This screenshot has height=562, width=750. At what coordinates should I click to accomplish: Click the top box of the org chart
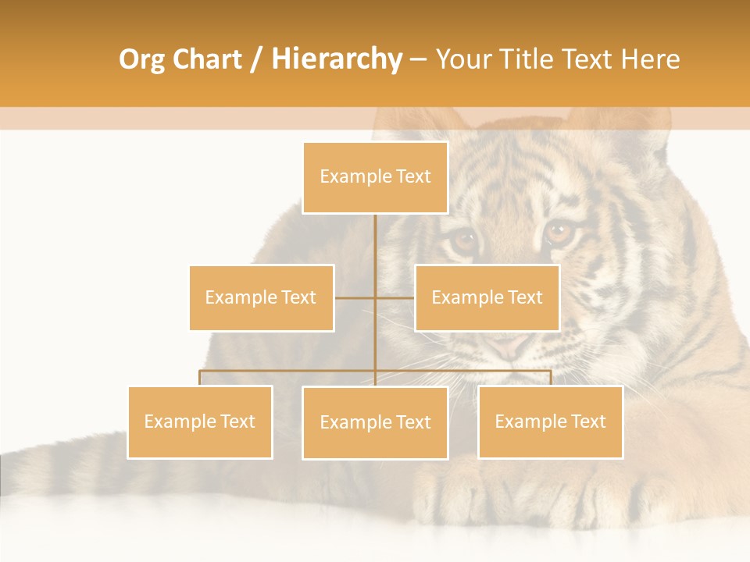pos(375,177)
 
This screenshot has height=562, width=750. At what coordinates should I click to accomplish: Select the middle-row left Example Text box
pos(261,297)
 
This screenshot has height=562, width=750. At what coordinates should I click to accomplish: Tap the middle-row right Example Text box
pos(487,297)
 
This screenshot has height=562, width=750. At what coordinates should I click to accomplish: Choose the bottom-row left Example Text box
pos(200,421)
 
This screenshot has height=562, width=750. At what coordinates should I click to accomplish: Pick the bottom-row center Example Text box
pos(375,422)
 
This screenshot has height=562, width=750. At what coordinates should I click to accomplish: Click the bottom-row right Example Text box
pos(550,421)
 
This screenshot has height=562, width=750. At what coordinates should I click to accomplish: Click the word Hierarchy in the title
pos(336,59)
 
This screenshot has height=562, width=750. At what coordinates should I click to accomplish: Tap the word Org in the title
pos(142,59)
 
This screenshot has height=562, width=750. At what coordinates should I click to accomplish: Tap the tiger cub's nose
pos(509,343)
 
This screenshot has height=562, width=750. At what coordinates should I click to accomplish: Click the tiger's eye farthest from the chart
pos(559,230)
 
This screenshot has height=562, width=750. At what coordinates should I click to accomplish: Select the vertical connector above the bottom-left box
pos(200,378)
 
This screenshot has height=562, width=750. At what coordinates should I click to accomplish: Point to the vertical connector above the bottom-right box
pos(550,378)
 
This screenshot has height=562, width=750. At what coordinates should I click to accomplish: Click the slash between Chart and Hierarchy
pos(256,59)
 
